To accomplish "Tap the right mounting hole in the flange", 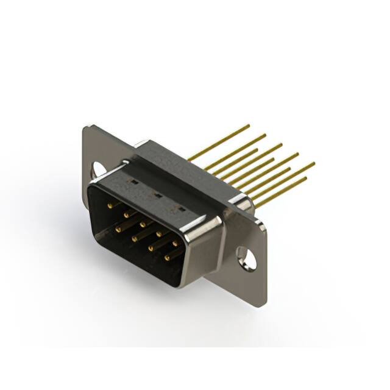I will pyautogui.click(x=246, y=257).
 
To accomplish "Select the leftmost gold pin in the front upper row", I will pyautogui.click(x=110, y=206).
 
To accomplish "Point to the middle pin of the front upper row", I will pyautogui.click(x=143, y=224).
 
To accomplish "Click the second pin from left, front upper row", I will pyautogui.click(x=126, y=215).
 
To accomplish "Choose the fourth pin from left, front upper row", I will pyautogui.click(x=159, y=233).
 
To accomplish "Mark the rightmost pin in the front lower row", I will pyautogui.click(x=168, y=258).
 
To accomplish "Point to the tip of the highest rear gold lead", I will pyautogui.click(x=249, y=126).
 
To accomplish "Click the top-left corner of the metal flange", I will pyautogui.click(x=85, y=127).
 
